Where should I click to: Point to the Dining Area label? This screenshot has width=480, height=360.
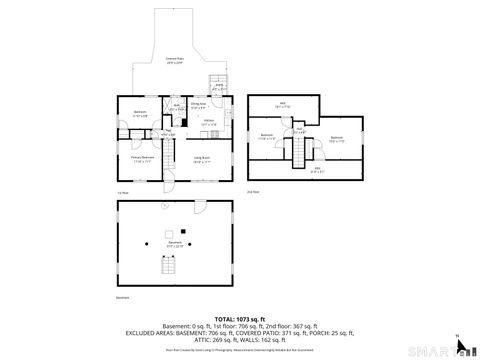(198, 104)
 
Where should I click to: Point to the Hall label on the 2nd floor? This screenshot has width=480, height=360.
(298, 128)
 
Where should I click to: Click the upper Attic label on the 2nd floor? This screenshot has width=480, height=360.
(283, 104)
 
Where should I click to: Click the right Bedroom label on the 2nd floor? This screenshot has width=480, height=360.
(337, 138)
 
